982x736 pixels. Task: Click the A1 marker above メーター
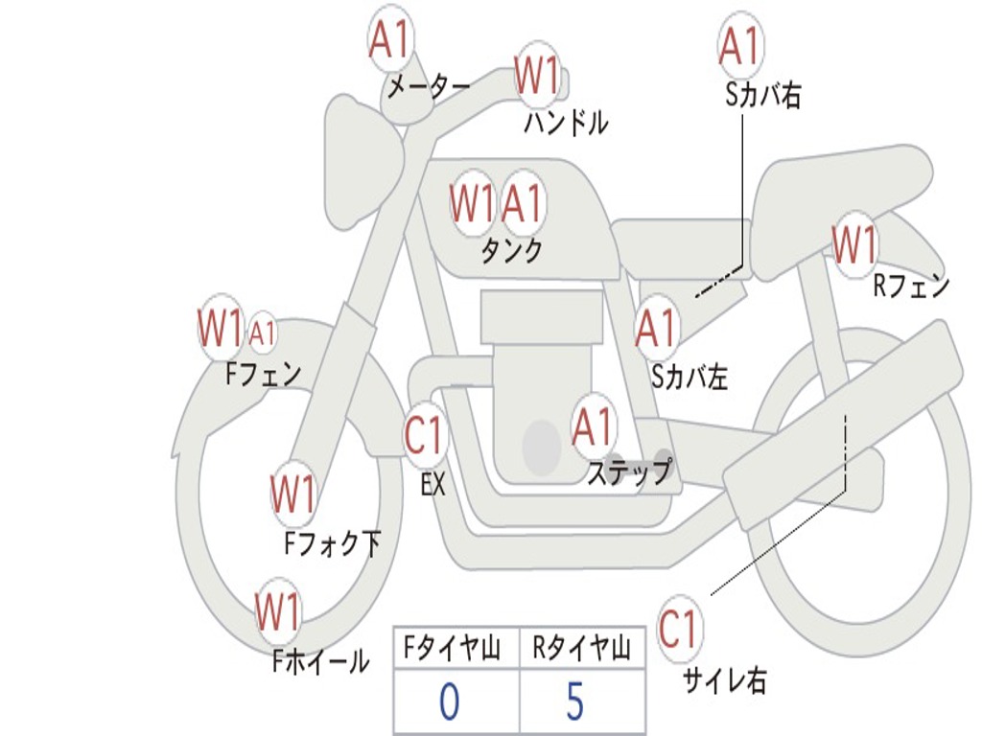click(x=389, y=38)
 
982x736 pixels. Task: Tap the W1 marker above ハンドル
click(x=537, y=75)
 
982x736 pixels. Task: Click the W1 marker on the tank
click(x=471, y=203)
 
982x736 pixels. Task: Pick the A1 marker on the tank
click(x=521, y=203)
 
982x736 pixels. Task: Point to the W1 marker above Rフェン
click(x=854, y=244)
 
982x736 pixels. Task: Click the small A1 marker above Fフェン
click(x=263, y=333)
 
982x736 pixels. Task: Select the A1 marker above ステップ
click(x=592, y=426)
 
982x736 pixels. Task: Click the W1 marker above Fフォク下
click(x=292, y=494)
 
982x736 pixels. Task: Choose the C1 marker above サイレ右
click(x=678, y=629)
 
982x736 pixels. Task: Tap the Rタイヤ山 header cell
click(x=582, y=647)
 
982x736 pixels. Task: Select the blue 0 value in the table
click(x=449, y=701)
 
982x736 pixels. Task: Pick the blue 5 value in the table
click(x=575, y=701)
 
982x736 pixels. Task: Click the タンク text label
click(x=511, y=250)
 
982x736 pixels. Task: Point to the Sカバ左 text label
click(x=689, y=377)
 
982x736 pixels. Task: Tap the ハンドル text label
click(x=566, y=122)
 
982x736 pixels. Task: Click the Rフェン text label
click(x=911, y=287)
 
